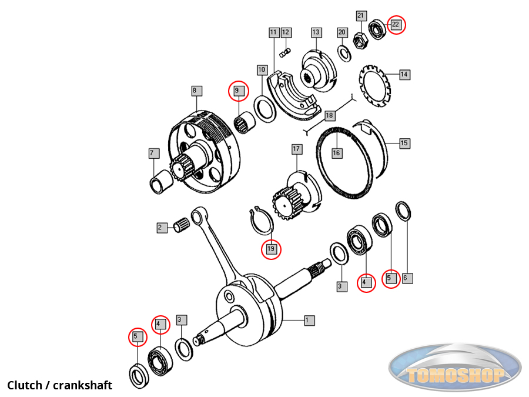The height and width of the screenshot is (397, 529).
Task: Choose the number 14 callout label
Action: pyautogui.click(x=404, y=75)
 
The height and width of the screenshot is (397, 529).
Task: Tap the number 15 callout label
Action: pyautogui.click(x=404, y=143)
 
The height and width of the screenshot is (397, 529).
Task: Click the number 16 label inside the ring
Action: pyautogui.click(x=336, y=153)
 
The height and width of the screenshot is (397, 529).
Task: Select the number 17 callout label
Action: pyautogui.click(x=296, y=149)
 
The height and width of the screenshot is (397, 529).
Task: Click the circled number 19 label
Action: pyautogui.click(x=271, y=249)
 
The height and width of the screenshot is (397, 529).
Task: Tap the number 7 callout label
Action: pyautogui.click(x=153, y=154)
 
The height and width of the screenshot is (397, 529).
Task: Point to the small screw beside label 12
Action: pyautogui.click(x=284, y=54)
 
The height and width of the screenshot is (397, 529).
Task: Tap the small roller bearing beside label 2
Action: pyautogui.click(x=182, y=225)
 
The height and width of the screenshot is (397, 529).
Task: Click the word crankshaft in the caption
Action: pyautogui.click(x=82, y=386)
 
